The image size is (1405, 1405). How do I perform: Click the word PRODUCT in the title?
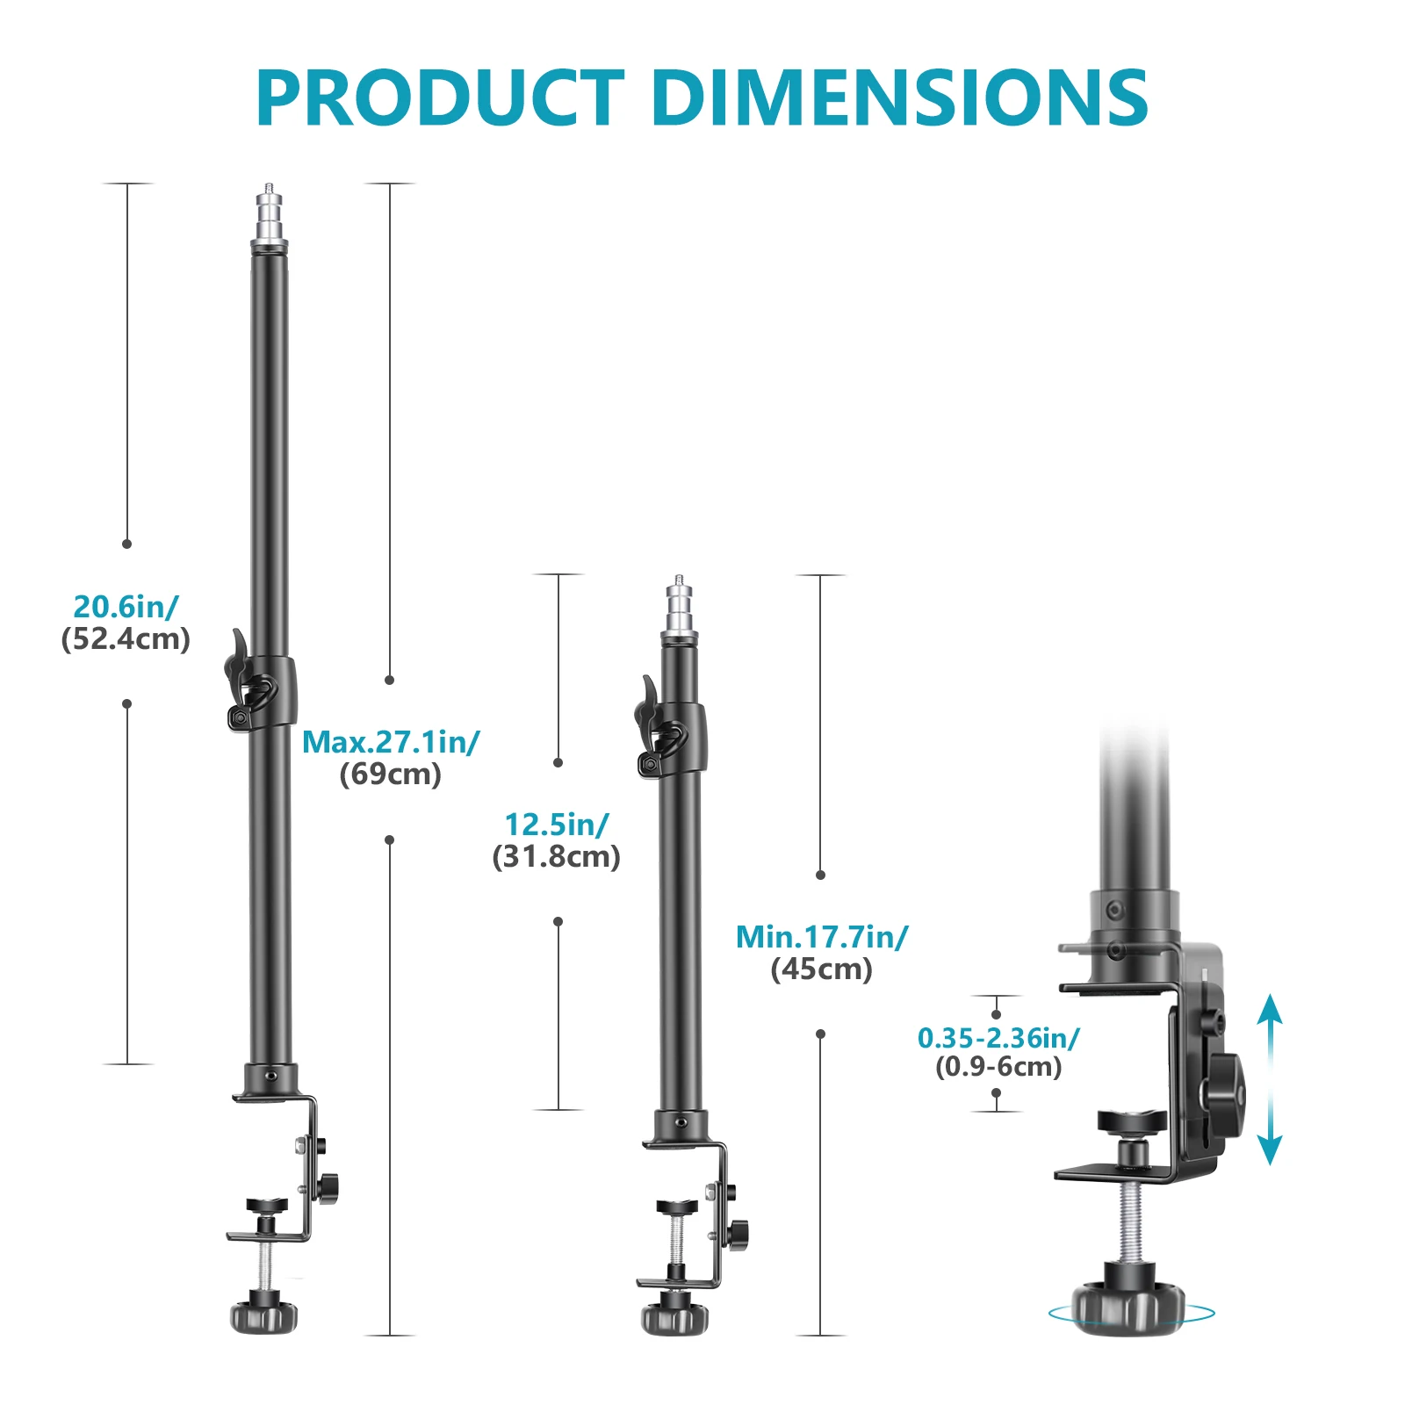pos(440,97)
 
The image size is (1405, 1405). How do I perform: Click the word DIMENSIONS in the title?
pos(900,97)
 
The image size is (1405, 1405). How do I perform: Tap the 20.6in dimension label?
pos(126,607)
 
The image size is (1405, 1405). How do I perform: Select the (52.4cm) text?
pos(126,639)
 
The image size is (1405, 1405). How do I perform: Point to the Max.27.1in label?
pos(391,742)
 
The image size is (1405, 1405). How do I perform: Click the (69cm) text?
pos(391,775)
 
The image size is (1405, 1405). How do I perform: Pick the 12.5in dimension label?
pos(557,825)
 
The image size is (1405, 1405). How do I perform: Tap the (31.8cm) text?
pos(557,857)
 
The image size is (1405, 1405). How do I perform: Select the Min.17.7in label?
pos(822,937)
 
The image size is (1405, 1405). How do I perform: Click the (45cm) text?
pos(822,969)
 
